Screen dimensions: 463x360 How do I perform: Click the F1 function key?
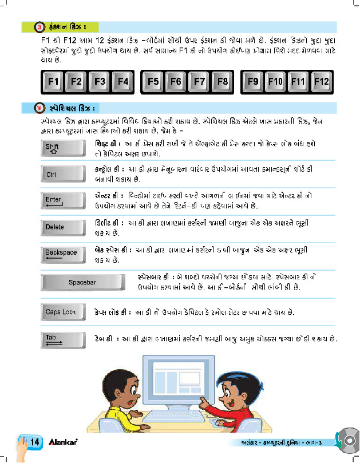pyautogui.click(x=54, y=82)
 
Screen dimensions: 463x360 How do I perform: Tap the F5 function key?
pyautogui.click(x=153, y=82)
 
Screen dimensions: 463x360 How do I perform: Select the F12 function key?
pyautogui.click(x=322, y=82)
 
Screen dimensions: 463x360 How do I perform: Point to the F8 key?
pyautogui.click(x=223, y=82)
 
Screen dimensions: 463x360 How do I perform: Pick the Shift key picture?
pyautogui.click(x=60, y=149)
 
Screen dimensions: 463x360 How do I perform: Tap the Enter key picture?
pyautogui.click(x=60, y=200)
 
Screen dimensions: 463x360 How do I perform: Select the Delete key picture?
pyautogui.click(x=60, y=227)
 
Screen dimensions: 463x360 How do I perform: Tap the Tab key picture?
pyautogui.click(x=60, y=339)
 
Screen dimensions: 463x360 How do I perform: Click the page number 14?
pyautogui.click(x=33, y=443)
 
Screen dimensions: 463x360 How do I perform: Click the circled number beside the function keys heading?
pyautogui.click(x=39, y=27)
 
